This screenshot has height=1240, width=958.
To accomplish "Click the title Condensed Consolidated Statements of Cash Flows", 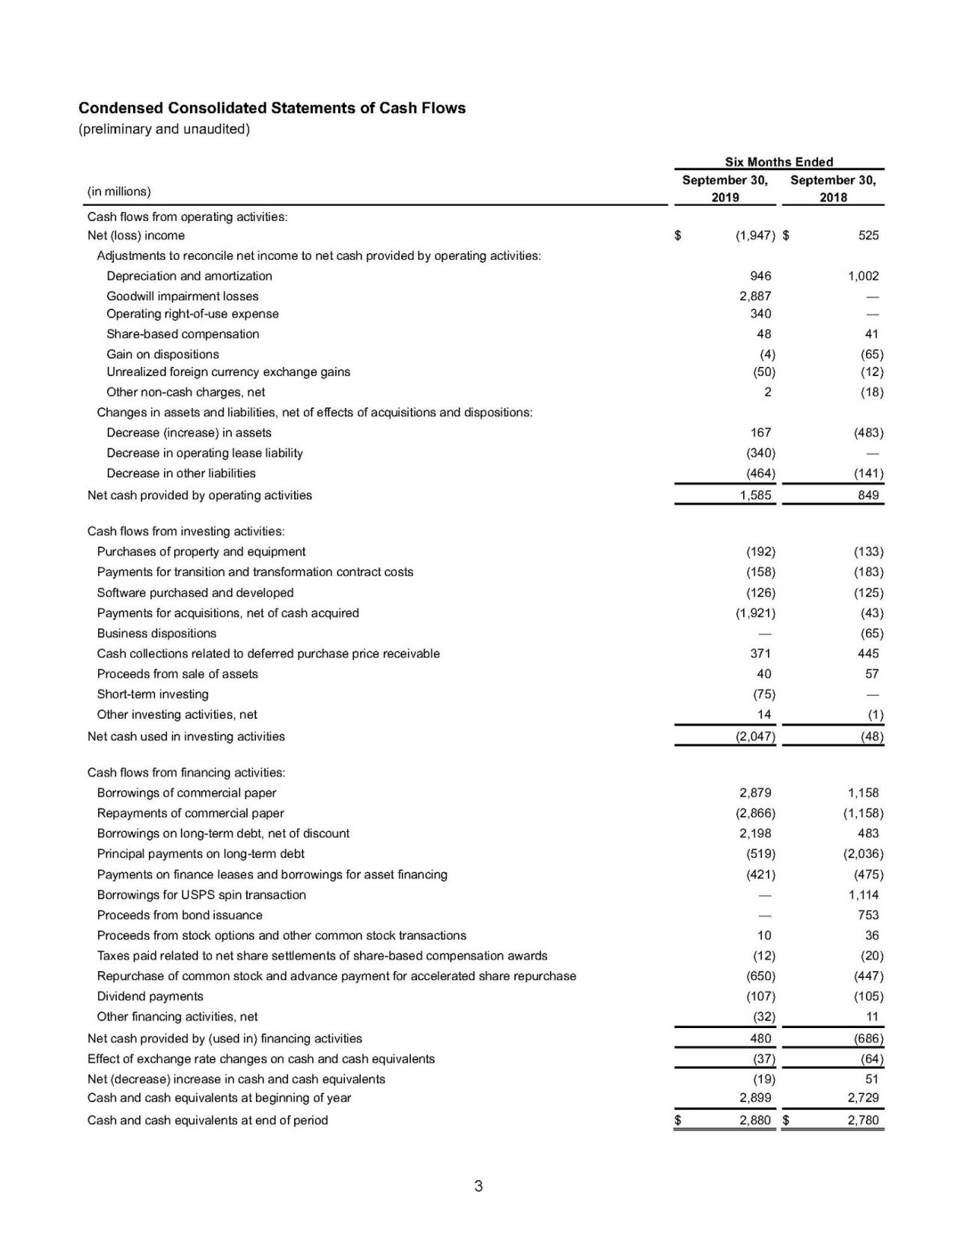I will click(x=272, y=108).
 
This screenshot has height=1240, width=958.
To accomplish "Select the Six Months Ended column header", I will click(x=778, y=162).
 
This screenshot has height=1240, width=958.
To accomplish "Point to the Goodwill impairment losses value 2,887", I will click(x=755, y=296).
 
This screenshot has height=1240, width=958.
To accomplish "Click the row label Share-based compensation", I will click(x=183, y=334).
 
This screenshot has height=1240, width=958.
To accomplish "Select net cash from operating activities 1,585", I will click(x=755, y=495).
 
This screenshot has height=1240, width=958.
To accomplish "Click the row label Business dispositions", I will click(x=156, y=633).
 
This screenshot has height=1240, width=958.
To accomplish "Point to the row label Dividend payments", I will click(x=150, y=996).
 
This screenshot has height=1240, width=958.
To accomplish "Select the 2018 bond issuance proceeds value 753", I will click(x=868, y=915).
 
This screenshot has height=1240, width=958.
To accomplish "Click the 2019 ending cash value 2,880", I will click(x=755, y=1120).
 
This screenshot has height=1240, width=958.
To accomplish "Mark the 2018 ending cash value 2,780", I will click(x=863, y=1120).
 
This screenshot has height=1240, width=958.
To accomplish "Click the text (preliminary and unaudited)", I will click(x=164, y=129).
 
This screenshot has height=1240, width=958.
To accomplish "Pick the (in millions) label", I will click(x=119, y=192).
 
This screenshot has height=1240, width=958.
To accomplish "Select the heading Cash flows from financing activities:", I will click(x=186, y=772).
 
